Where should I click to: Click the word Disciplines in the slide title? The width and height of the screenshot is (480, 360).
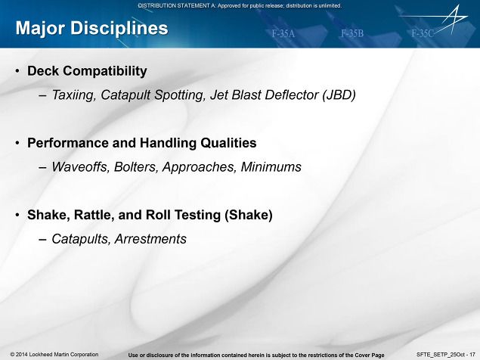click(x=119, y=29)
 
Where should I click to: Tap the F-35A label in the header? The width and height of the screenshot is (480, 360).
click(x=283, y=33)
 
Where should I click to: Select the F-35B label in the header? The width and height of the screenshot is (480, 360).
click(x=352, y=33)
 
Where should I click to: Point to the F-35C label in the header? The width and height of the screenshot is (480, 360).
click(x=423, y=33)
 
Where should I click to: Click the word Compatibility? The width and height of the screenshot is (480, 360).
click(x=105, y=71)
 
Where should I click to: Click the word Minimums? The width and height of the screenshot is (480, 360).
click(x=271, y=167)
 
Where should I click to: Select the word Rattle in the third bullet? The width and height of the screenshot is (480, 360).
click(x=94, y=215)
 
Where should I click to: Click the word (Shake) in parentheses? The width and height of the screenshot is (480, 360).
click(x=248, y=215)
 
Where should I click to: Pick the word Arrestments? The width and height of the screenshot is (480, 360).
click(x=150, y=239)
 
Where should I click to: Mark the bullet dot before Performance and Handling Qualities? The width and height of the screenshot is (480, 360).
click(x=17, y=143)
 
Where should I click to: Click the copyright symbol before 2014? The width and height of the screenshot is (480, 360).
click(x=12, y=355)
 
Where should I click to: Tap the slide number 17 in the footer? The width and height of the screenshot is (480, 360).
click(x=472, y=355)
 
